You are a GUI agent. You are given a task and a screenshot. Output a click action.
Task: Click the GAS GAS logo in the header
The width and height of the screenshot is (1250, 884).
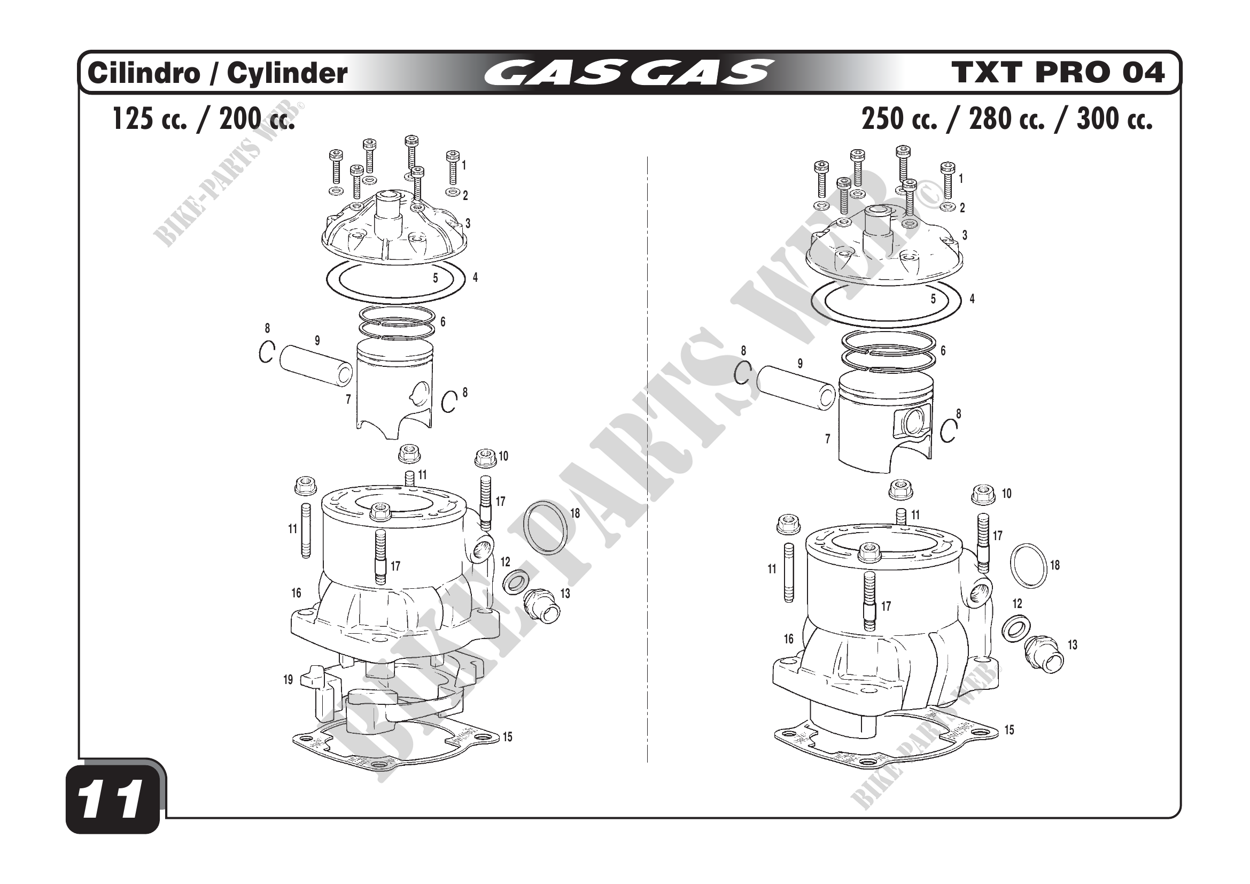click(628, 73)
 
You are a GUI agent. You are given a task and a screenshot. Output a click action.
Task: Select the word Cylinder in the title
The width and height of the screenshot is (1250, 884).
click(287, 73)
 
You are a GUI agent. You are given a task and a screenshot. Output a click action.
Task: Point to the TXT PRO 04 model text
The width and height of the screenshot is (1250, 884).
click(1058, 73)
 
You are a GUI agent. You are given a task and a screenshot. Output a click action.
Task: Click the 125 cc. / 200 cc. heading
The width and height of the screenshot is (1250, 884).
click(203, 119)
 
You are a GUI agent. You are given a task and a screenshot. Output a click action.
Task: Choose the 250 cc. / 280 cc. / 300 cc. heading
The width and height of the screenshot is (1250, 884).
click(1007, 119)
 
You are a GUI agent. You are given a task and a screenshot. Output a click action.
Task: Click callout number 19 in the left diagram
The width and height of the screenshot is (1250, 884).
click(288, 680)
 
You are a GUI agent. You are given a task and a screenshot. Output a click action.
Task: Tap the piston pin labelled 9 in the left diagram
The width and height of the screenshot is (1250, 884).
click(316, 365)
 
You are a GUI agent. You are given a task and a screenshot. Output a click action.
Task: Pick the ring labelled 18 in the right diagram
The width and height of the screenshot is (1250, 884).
click(1028, 565)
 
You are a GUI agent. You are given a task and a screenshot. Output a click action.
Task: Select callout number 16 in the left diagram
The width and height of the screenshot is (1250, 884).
click(296, 593)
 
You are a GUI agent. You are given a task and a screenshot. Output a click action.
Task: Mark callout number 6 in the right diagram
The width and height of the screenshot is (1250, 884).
click(943, 350)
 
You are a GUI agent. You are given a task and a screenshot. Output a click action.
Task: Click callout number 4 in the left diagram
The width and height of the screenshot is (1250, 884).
click(475, 277)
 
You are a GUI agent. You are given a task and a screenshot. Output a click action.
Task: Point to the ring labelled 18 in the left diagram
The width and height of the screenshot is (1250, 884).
click(545, 527)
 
